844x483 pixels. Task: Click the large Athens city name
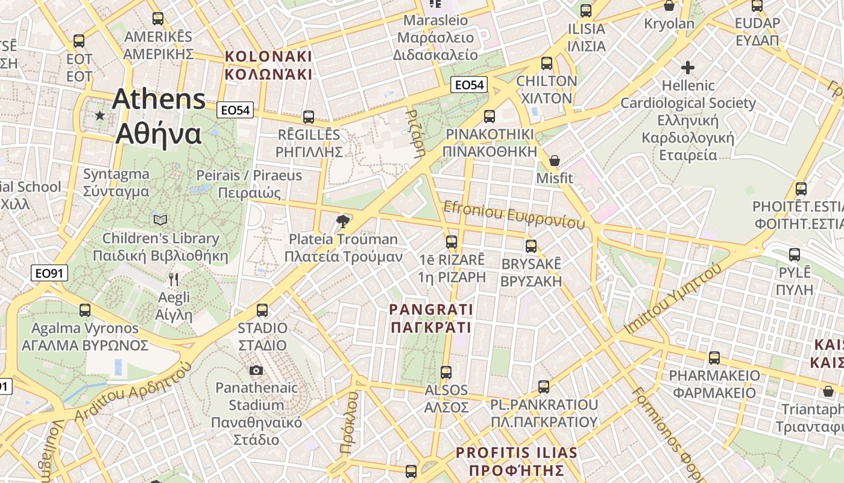tap(159, 116)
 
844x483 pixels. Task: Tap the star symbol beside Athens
tap(99, 115)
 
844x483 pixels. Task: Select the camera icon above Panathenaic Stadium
tap(256, 370)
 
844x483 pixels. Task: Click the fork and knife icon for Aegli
tap(174, 279)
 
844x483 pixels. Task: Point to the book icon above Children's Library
tap(160, 220)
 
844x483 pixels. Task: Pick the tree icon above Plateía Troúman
tap(343, 221)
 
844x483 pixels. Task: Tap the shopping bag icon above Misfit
tap(555, 161)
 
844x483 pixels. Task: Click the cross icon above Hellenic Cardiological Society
tap(688, 68)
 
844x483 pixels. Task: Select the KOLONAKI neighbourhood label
tap(268, 65)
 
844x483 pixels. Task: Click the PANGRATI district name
tap(431, 318)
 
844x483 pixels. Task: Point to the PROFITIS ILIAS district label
tap(517, 461)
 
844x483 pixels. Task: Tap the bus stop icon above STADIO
tap(262, 310)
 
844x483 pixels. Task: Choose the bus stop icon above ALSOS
tap(446, 372)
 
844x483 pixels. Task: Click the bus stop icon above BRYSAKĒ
tap(531, 246)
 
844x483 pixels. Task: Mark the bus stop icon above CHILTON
tap(547, 63)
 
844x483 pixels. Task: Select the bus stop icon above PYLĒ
tap(795, 255)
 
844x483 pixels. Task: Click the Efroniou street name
tap(514, 215)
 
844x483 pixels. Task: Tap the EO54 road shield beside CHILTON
tap(469, 85)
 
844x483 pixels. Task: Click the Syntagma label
tap(116, 182)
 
